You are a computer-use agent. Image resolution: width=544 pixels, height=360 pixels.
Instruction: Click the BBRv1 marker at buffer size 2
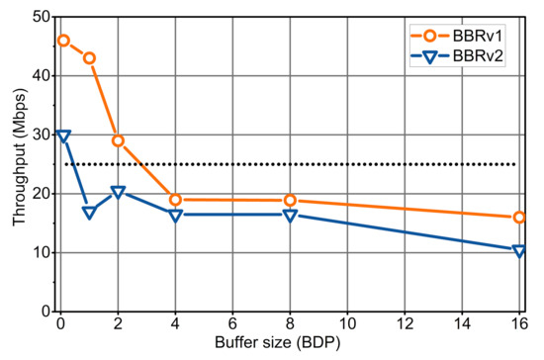click(118, 140)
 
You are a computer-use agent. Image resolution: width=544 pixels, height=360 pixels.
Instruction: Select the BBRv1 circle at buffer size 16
click(518, 218)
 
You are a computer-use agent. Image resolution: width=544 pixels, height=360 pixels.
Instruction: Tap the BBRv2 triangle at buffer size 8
click(290, 215)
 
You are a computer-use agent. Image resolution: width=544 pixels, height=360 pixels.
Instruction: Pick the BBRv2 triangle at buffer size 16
click(518, 251)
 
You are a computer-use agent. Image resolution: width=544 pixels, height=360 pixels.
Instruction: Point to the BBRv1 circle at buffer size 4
click(175, 200)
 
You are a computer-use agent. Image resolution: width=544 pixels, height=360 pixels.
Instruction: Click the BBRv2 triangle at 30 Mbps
click(63, 135)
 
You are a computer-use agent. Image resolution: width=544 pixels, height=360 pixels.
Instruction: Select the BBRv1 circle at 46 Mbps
click(63, 41)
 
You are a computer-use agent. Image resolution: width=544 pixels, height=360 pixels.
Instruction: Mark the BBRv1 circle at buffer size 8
click(290, 201)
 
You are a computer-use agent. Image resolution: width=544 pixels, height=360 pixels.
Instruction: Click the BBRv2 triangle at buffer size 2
click(118, 192)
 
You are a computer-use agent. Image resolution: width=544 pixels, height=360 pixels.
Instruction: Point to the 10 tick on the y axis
click(43, 252)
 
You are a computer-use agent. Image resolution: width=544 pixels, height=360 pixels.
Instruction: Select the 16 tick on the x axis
click(518, 323)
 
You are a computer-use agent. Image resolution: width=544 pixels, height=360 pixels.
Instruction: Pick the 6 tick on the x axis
click(232, 323)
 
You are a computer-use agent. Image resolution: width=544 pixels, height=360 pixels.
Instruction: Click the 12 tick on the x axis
click(404, 323)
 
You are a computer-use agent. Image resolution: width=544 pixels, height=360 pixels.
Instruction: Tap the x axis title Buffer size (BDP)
click(289, 345)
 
